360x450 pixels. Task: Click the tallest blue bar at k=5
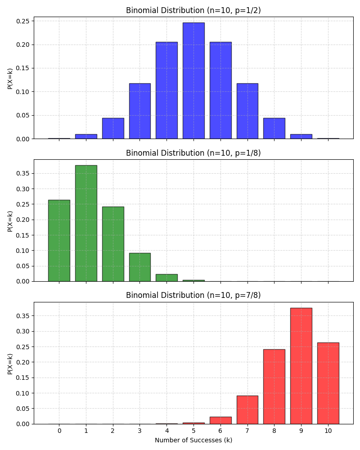(193, 81)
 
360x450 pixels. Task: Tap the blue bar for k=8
(274, 129)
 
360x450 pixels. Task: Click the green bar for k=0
(59, 241)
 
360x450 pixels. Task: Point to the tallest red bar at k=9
(301, 366)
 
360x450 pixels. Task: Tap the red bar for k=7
(247, 410)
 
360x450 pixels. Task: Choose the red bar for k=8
(274, 387)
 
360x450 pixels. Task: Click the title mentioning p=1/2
(193, 10)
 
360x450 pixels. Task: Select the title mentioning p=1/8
(193, 153)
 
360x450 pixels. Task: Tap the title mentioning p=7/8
(193, 295)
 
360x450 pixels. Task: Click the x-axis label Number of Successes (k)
(193, 440)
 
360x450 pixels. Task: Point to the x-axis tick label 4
(166, 431)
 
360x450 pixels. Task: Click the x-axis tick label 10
(328, 431)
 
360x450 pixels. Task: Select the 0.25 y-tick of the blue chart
(23, 21)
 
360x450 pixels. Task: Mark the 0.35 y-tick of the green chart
(23, 173)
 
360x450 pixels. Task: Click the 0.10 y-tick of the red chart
(23, 393)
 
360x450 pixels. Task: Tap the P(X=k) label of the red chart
(10, 364)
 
